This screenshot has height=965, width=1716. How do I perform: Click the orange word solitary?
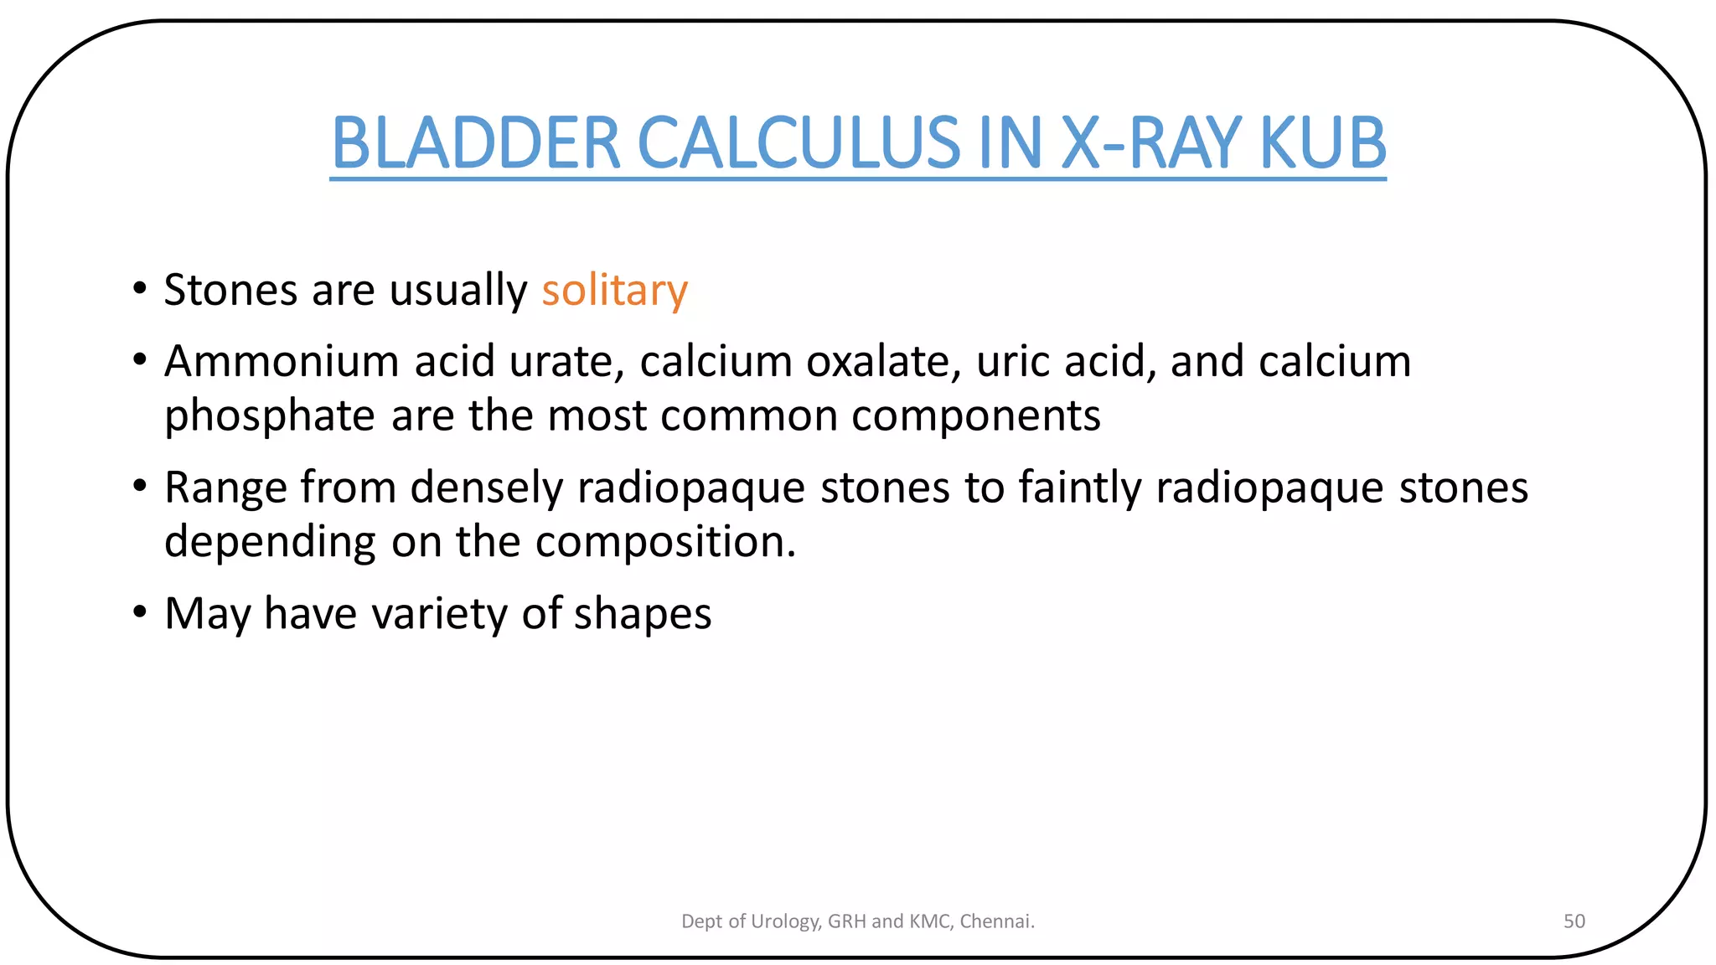(614, 291)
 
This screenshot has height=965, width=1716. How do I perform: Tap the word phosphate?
(269, 416)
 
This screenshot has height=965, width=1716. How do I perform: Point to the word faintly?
(1080, 488)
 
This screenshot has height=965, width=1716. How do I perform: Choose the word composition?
(665, 542)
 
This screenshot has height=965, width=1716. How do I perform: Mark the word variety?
(440, 614)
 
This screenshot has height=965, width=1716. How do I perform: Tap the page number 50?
(1574, 921)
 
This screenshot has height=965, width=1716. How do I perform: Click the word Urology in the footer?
(785, 921)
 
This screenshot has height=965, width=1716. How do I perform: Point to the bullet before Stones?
(140, 289)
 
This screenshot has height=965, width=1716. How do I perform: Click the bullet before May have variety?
(140, 612)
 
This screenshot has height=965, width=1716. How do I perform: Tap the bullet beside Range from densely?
(140, 486)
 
